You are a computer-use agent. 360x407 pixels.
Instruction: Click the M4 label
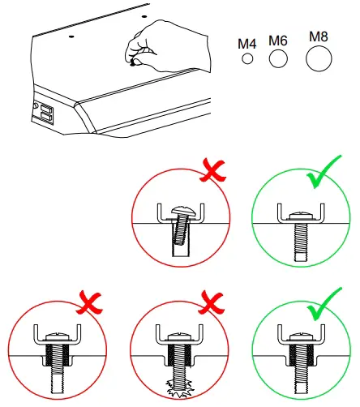[x=247, y=41]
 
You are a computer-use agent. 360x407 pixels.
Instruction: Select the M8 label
[x=319, y=36]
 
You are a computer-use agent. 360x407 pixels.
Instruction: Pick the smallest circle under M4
[x=247, y=59]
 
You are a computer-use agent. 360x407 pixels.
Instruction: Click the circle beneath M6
[x=278, y=58]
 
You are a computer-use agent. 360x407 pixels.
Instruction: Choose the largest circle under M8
[x=319, y=58]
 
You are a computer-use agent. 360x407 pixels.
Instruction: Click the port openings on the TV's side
[x=45, y=113]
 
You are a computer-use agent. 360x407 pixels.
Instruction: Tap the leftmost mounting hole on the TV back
[x=72, y=36]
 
